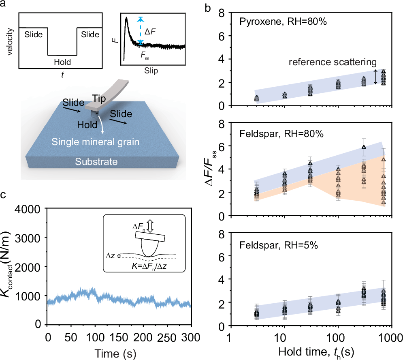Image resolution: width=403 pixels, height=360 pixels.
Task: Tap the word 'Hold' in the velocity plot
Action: click(62, 62)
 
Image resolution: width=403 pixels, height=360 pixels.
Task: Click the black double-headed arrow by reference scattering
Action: click(375, 77)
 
